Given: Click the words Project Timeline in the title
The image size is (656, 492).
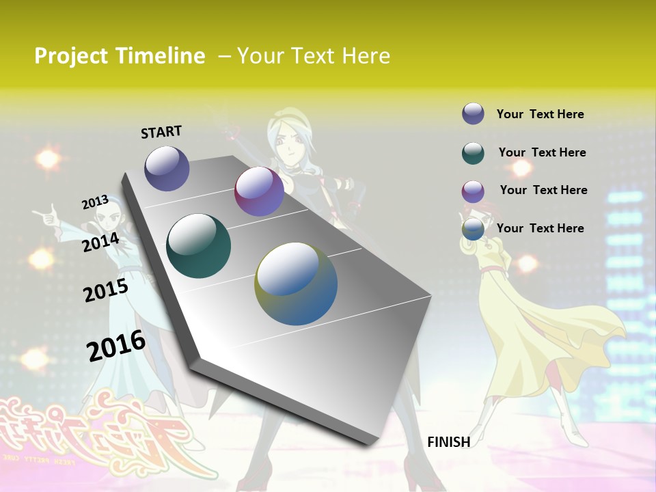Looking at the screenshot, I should coord(120,56).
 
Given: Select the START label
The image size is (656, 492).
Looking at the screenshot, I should coord(161,132).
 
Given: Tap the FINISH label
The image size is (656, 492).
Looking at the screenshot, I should coord(448,442).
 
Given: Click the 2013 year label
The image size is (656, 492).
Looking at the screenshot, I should coord(95,202).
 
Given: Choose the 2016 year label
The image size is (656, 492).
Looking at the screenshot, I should coord(116,346).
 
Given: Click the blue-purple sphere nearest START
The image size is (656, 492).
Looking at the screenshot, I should coord(167,168).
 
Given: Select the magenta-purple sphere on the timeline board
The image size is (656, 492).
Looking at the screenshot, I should coord(259,191).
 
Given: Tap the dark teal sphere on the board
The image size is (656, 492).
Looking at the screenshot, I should coord(198,246).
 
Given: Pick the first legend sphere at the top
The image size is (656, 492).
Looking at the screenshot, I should coord(473,113).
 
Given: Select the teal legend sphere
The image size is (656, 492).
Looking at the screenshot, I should coord(473,153).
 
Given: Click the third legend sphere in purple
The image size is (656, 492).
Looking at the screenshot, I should coord(473,191).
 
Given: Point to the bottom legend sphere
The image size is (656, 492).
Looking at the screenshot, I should coord(473,229).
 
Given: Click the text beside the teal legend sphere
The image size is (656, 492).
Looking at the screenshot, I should coord(542,152).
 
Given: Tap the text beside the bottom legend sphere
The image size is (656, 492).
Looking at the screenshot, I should coord(540,228).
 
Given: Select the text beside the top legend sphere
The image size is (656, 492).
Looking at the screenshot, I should coord(540,114).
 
